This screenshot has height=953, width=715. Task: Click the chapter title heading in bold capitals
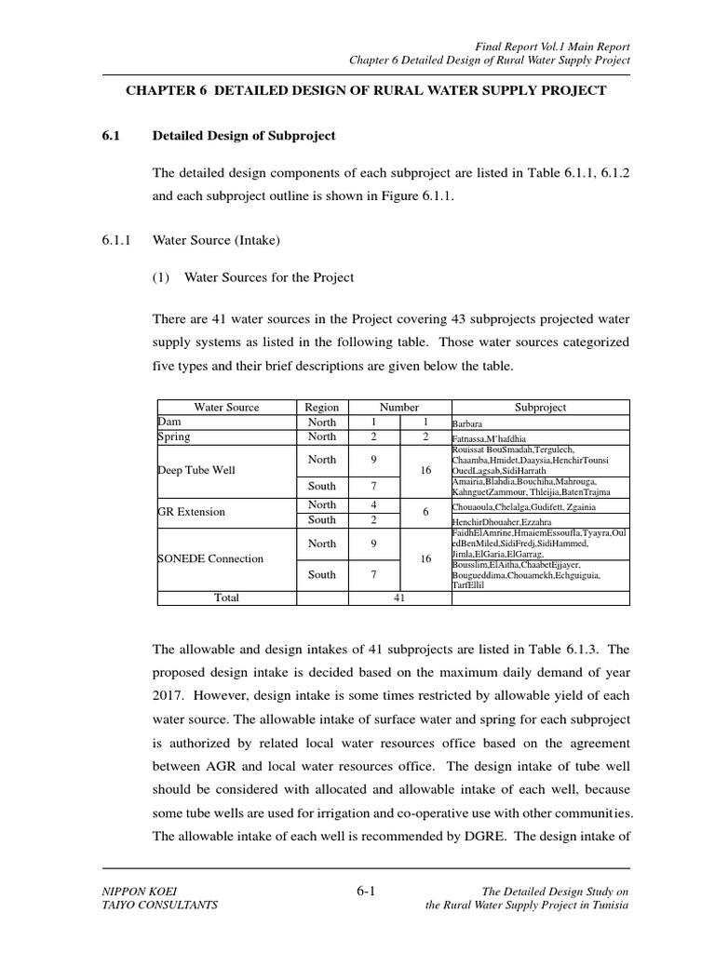click(x=365, y=90)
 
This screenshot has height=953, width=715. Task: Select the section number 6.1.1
click(x=119, y=240)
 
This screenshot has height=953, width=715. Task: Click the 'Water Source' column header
click(x=226, y=408)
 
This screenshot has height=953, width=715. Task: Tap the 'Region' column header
click(x=321, y=408)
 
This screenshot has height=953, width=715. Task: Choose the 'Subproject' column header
click(x=540, y=408)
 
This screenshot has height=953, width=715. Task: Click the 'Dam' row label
click(x=169, y=422)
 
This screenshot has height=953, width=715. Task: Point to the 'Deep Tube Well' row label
click(x=196, y=471)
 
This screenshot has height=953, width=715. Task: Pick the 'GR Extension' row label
click(x=191, y=512)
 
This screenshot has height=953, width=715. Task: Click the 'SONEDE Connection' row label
click(x=210, y=559)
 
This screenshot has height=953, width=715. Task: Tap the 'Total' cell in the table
click(x=226, y=598)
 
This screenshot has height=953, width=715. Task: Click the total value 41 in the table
click(x=398, y=598)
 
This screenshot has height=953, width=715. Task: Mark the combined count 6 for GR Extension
click(x=425, y=512)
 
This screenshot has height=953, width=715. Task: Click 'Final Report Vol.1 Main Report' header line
click(x=553, y=46)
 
